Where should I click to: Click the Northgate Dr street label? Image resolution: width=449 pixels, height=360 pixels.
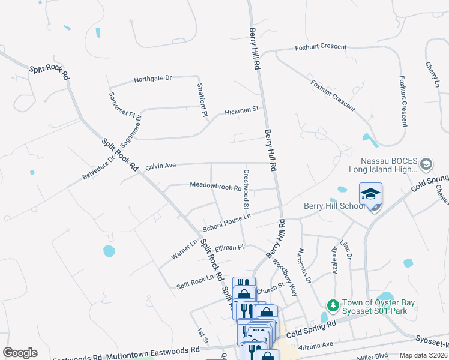coord(152,79)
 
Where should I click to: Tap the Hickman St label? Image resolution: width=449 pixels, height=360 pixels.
coord(241,110)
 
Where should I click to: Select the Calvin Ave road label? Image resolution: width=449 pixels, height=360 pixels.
coord(160,166)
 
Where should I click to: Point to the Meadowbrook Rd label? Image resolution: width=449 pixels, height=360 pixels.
coord(215,187)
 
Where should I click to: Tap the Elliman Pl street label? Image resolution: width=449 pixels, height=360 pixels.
coord(229,247)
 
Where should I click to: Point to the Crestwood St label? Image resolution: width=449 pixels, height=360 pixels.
coord(246,189)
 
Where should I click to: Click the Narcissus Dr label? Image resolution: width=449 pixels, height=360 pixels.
coord(306,265)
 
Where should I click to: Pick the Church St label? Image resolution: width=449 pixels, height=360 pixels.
coord(270,287)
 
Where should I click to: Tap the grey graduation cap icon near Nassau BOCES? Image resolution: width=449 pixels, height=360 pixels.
coord(426,164)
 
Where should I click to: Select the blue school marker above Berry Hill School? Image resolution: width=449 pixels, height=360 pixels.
coord(370,194)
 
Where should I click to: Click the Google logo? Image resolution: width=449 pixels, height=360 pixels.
coord(20,353)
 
